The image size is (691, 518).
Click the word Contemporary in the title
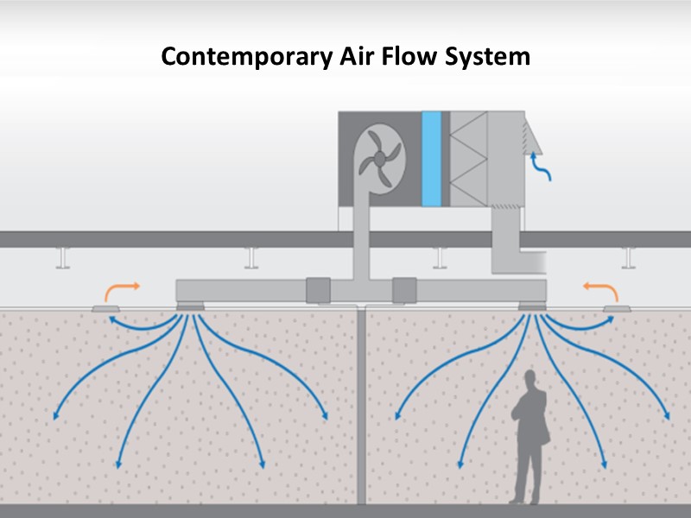click(227, 57)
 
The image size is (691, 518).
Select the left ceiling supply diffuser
click(190, 306)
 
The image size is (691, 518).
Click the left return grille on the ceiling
click(108, 307)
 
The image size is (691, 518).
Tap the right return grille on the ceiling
click(616, 307)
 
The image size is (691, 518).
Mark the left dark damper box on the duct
click(319, 289)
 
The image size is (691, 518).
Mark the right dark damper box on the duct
click(404, 289)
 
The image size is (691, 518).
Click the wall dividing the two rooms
click(362, 406)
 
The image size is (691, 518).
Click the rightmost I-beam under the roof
click(630, 256)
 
